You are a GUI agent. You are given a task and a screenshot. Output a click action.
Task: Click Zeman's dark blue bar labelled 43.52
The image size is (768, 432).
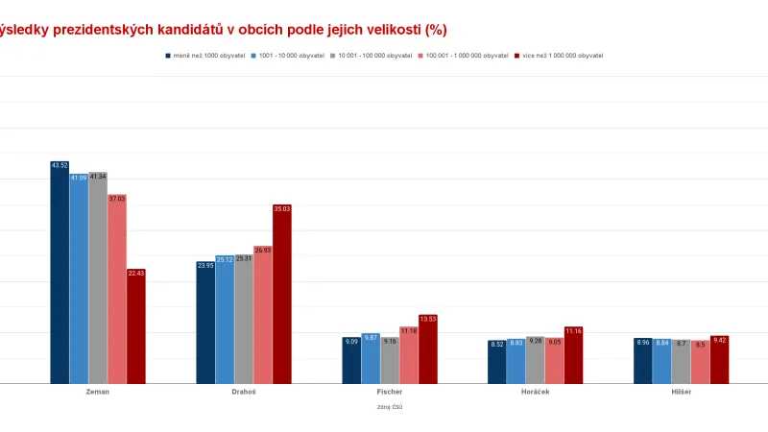click(x=60, y=273)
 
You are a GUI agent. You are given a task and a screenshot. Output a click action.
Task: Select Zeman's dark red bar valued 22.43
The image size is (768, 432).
click(x=135, y=326)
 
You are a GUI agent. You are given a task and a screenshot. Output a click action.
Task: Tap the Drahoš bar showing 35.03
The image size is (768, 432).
click(x=281, y=294)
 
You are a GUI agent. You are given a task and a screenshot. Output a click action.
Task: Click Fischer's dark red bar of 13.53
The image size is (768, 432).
click(x=427, y=349)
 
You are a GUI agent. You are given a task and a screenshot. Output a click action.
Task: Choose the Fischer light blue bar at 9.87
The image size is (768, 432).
click(x=371, y=358)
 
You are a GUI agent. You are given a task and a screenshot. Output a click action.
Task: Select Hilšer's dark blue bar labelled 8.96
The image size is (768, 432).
click(x=642, y=361)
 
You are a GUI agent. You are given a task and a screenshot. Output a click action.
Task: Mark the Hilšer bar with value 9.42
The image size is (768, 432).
click(x=719, y=359)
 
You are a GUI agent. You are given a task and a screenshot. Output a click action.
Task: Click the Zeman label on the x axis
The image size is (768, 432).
click(x=98, y=393)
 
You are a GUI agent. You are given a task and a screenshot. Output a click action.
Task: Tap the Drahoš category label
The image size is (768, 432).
click(x=244, y=393)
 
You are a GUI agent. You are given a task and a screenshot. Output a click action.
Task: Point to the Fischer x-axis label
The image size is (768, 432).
click(x=390, y=393)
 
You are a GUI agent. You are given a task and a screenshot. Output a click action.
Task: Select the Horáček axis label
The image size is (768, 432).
click(x=535, y=393)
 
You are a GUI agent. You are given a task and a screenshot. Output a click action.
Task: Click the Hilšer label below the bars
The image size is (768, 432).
click(x=681, y=393)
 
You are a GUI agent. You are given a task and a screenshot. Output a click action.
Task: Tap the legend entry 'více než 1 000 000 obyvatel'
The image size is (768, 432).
click(x=563, y=56)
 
